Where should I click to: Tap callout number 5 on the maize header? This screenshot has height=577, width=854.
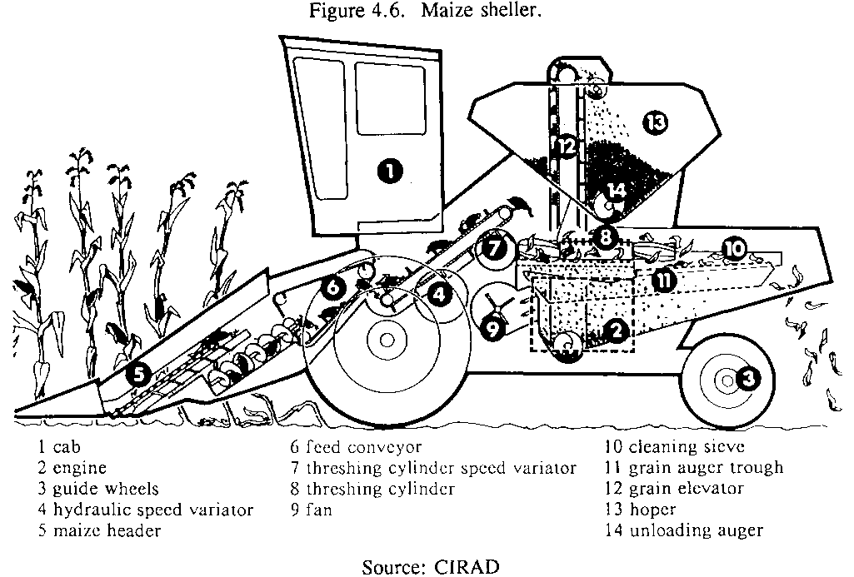click(138, 376)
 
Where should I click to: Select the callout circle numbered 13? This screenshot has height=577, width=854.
click(657, 123)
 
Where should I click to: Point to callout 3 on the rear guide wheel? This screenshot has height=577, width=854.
click(747, 380)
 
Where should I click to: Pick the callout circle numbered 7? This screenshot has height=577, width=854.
click(493, 248)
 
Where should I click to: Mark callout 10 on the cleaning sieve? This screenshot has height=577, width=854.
click(733, 247)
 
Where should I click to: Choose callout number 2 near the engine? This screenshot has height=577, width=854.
click(617, 331)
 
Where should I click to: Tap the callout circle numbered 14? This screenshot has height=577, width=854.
click(616, 189)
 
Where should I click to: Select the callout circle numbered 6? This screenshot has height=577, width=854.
click(332, 288)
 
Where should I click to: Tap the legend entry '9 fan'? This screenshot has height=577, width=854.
click(311, 510)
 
